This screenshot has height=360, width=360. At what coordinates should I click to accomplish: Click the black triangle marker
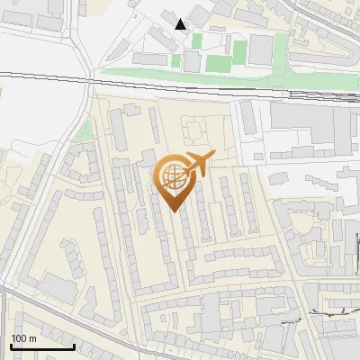click(181, 23)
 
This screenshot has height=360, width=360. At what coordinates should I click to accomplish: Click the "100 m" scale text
click(23, 338)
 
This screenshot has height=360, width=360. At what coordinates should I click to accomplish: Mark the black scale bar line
click(42, 346)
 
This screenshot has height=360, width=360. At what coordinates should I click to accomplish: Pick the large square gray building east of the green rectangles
click(261, 49)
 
